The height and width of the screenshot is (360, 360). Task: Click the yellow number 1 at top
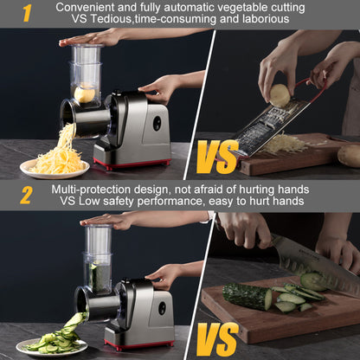26,13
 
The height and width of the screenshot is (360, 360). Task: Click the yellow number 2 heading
26,195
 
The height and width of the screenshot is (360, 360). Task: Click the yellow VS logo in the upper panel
216,158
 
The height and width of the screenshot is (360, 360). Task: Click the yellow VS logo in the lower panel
212,340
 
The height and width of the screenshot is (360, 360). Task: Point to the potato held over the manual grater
279,95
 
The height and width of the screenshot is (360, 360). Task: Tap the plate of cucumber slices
52,344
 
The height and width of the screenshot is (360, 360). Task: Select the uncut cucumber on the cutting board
247,296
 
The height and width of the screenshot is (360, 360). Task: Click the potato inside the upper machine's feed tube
85,94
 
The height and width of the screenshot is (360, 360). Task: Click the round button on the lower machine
162,306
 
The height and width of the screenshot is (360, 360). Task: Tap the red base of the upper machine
132,163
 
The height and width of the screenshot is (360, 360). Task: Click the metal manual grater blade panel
260,130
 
